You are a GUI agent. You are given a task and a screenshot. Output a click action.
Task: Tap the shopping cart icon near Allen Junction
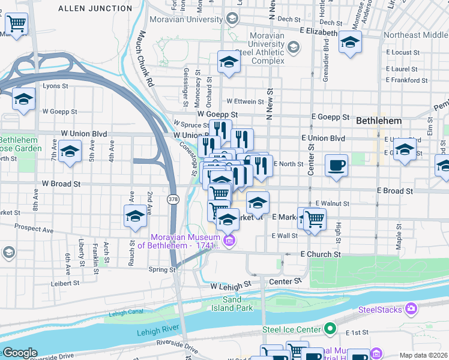tap(17, 24)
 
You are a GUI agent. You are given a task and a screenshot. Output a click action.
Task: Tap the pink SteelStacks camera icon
tap(411, 309)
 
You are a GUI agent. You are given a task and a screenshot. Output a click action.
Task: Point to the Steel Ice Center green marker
tap(330, 329)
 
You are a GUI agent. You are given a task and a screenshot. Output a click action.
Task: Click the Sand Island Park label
tap(232, 304)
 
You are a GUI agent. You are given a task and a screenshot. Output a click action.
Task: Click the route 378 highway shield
tap(173, 199)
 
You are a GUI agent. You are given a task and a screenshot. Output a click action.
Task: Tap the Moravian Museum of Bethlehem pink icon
tap(229, 241)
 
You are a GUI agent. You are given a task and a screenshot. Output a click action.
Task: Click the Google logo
tap(20, 353)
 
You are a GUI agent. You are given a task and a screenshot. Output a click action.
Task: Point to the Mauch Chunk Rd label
tap(146, 59)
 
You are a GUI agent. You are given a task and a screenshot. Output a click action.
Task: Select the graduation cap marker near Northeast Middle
tap(350, 43)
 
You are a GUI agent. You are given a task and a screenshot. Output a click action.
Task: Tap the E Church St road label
tap(321, 254)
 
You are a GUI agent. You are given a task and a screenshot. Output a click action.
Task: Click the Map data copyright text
tap(424, 355)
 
